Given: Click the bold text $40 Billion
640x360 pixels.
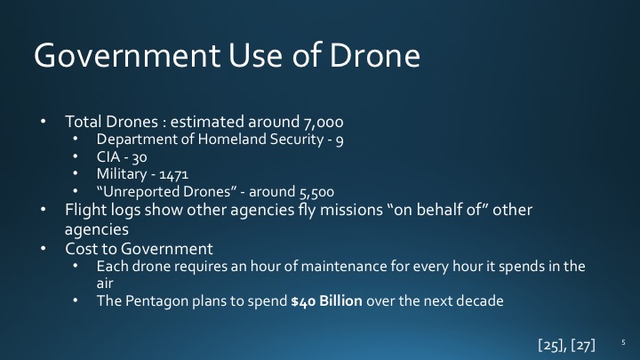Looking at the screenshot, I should point(332,300).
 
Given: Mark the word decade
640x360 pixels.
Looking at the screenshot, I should point(479,300).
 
